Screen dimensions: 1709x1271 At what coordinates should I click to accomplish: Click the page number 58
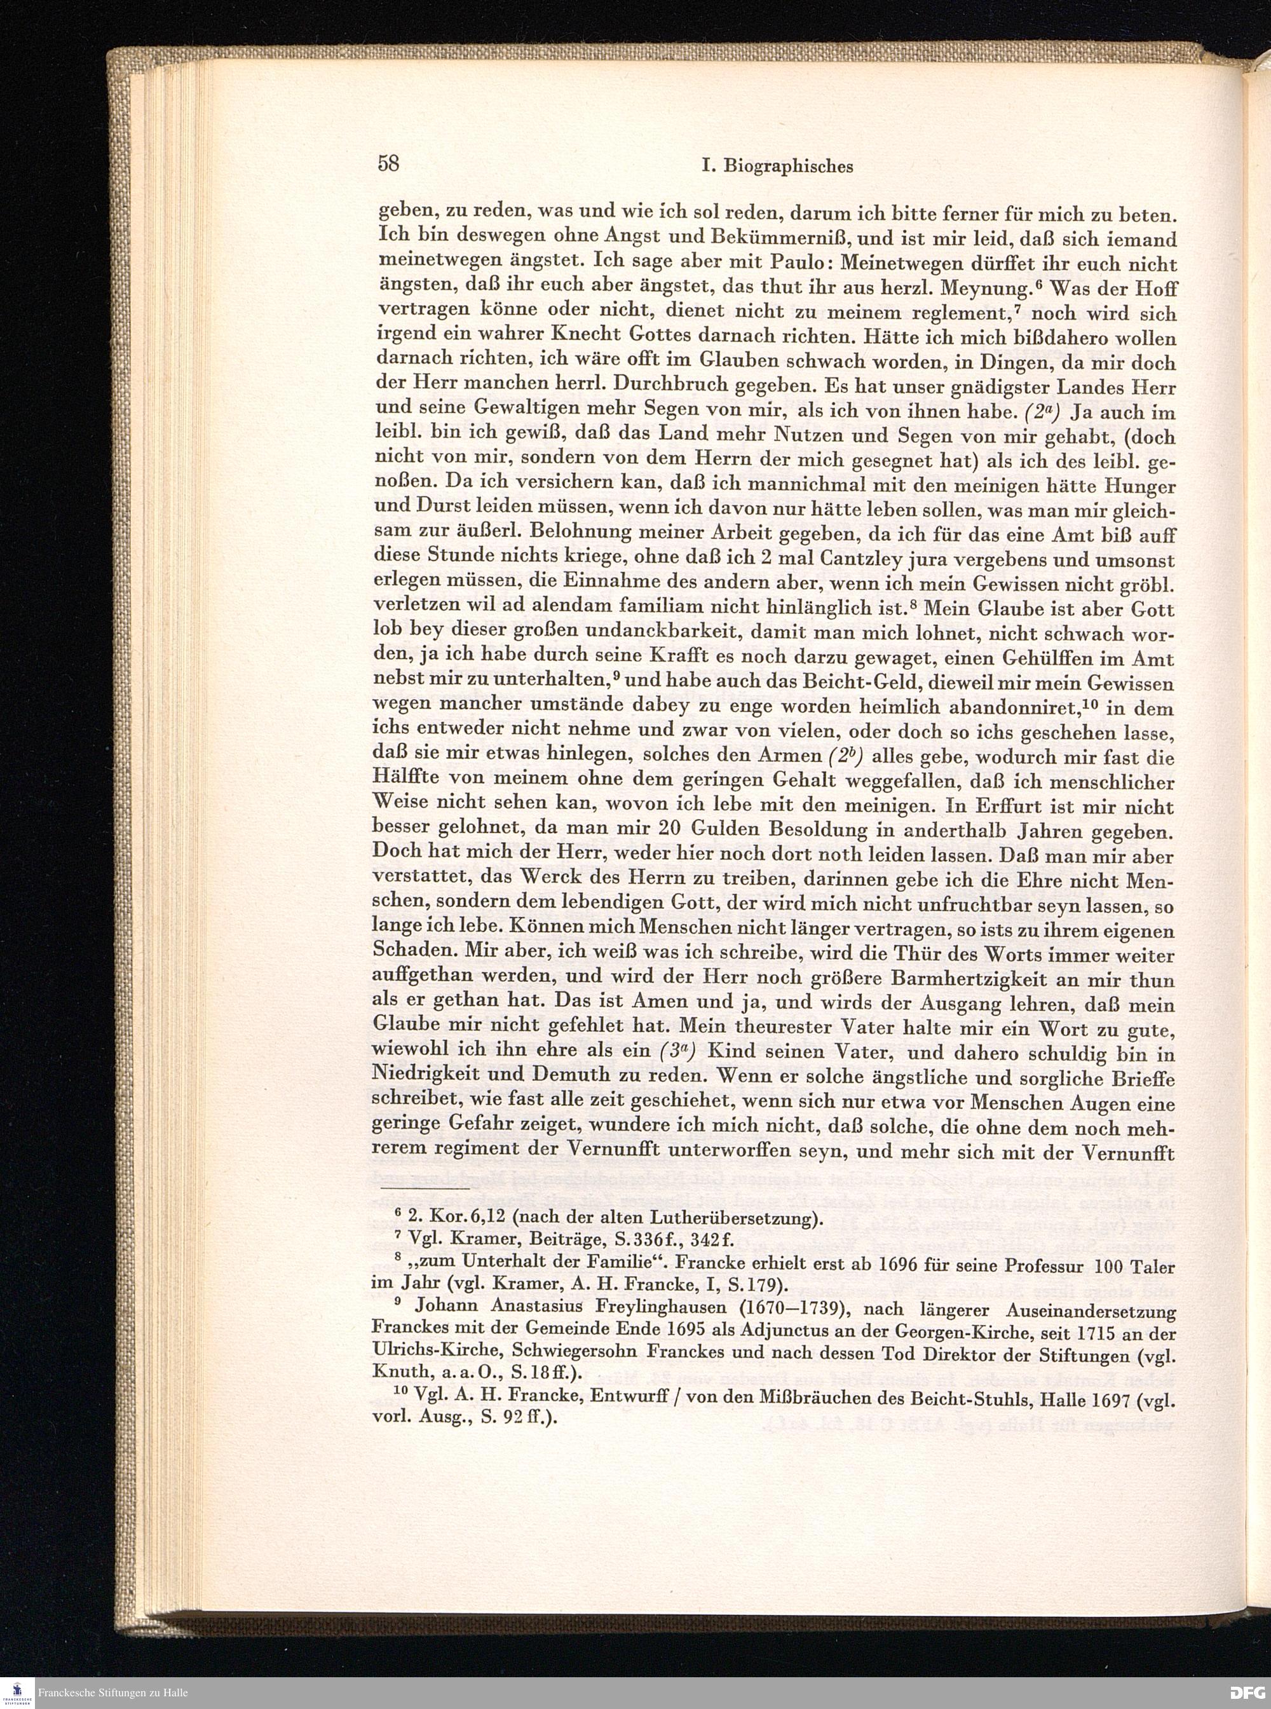(386, 163)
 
